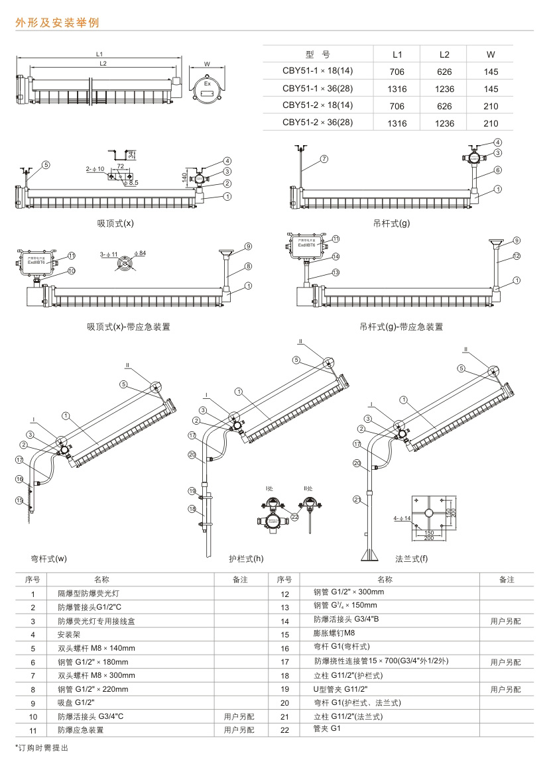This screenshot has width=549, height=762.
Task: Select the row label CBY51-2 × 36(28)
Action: [318, 122]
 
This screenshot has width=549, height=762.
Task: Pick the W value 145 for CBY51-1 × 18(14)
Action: [491, 72]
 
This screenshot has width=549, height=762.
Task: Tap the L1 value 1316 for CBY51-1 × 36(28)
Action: [396, 89]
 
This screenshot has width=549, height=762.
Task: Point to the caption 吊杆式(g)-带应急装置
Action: [401, 327]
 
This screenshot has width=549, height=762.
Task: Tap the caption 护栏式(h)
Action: [246, 559]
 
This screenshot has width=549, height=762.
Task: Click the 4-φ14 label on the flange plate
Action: [402, 517]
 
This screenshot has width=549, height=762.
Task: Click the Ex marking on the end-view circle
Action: [208, 85]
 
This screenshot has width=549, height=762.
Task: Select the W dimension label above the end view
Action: [207, 64]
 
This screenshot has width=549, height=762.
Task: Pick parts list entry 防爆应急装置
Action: [80, 730]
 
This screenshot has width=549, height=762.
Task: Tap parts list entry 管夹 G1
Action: [326, 729]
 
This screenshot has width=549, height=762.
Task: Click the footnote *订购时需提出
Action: [42, 747]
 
